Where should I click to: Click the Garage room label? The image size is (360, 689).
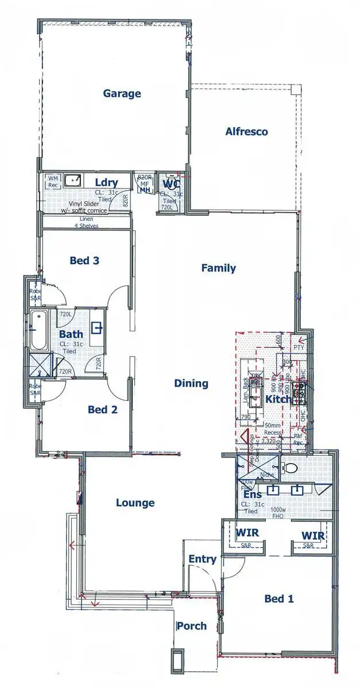tap(122, 94)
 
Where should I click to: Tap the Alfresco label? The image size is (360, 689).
tap(246, 131)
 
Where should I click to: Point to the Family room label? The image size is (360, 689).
tap(218, 268)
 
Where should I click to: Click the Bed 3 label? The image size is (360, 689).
tap(85, 261)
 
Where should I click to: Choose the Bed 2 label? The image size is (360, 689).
tap(103, 409)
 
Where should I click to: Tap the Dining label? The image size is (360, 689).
tap(191, 384)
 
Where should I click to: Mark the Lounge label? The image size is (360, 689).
tap(135, 503)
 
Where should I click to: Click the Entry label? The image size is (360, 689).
tap(202, 559)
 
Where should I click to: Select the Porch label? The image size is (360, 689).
tap(191, 626)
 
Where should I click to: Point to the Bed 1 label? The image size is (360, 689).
tap(279, 599)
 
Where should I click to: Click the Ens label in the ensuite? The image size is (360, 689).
tap(253, 494)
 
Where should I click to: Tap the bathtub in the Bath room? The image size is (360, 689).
tap(40, 331)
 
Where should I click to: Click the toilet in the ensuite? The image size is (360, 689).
tap(289, 468)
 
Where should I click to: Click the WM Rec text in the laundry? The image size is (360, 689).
tap(53, 182)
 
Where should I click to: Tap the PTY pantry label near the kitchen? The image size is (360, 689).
tap(299, 347)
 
